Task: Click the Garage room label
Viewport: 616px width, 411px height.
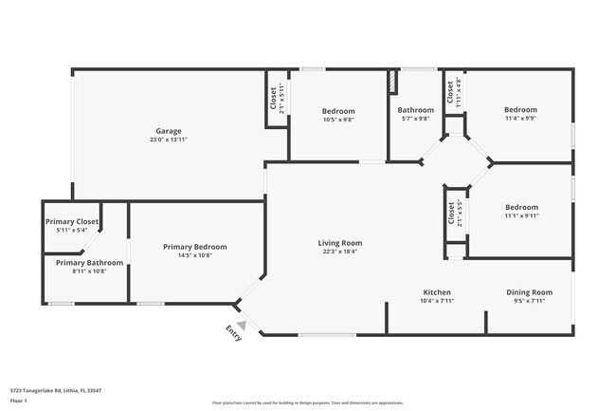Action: point(169,131)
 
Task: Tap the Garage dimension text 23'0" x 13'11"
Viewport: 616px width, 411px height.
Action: point(169,140)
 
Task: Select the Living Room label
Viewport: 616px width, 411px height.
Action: point(339,243)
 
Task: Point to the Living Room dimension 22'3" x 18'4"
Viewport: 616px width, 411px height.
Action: point(339,252)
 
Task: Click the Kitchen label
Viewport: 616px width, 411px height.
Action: point(437,292)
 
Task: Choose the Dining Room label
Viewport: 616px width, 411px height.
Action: point(528,292)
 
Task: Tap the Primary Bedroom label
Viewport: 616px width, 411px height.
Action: point(194,247)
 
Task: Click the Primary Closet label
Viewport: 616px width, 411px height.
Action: point(72,222)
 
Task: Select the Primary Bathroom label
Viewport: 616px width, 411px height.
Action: point(89,262)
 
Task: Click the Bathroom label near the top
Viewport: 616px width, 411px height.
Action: point(415,110)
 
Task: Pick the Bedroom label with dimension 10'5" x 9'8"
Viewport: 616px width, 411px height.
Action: point(338,110)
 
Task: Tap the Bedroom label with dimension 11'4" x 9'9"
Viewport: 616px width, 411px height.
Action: point(520,110)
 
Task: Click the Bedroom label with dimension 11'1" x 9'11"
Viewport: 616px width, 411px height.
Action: point(521,207)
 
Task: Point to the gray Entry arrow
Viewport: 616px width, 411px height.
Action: point(242,325)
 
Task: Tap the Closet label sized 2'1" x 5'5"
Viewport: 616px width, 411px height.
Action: point(451,215)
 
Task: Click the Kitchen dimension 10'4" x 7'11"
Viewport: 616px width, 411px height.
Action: point(437,302)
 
